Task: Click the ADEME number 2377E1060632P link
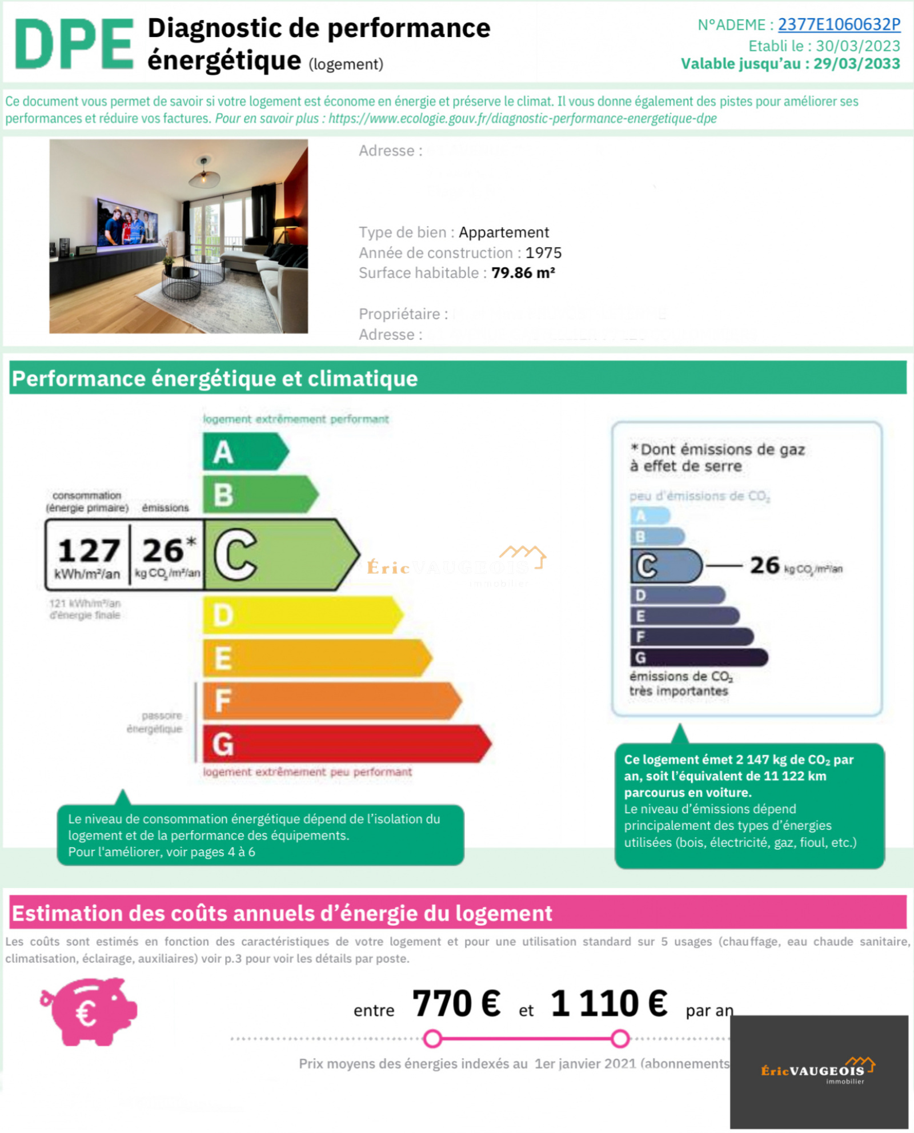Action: tap(839, 25)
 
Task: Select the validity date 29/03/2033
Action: tap(856, 64)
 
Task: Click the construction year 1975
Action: tap(543, 252)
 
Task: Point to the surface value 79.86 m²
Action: tap(523, 273)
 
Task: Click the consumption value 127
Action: tap(89, 551)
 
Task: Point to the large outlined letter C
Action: tap(235, 555)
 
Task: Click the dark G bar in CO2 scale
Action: tap(698, 657)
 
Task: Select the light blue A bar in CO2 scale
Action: tap(650, 516)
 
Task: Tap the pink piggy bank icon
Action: tap(90, 1011)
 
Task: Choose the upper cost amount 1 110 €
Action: tap(608, 1003)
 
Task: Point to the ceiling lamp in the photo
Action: tap(204, 174)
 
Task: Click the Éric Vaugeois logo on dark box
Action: tap(818, 1070)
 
